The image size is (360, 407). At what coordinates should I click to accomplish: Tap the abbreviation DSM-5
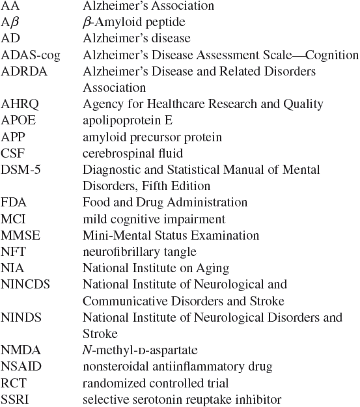point(20,169)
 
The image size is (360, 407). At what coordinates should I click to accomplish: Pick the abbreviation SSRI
point(16,399)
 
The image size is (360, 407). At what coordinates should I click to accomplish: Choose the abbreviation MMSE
point(18,235)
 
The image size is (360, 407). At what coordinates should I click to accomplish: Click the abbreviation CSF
point(12,153)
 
